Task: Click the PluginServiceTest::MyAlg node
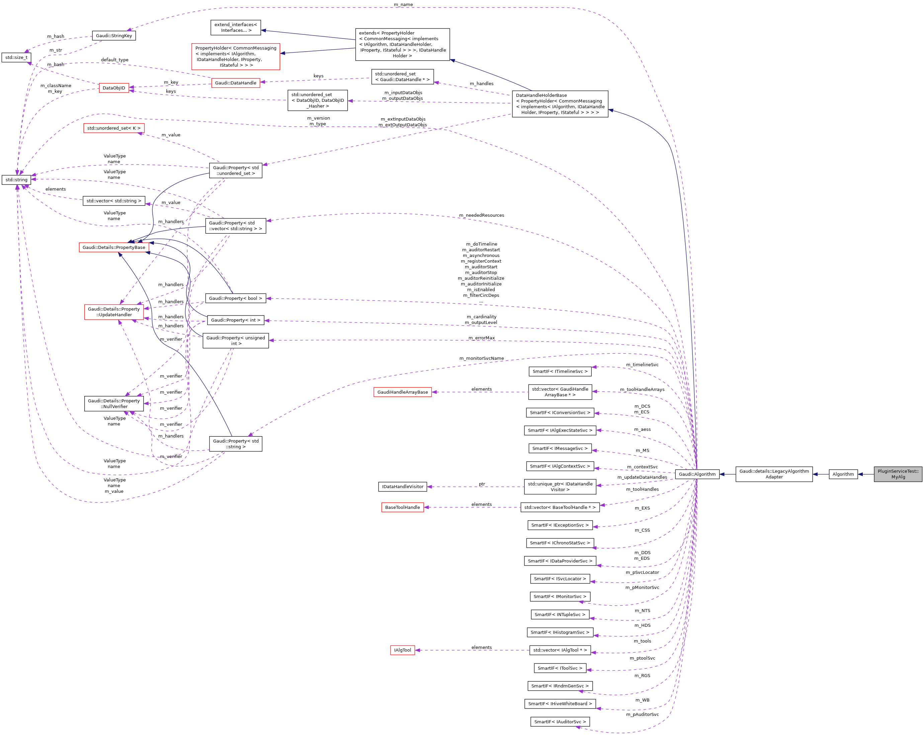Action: pos(898,474)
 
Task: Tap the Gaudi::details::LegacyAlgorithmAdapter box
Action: pos(774,474)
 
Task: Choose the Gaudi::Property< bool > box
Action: pos(235,298)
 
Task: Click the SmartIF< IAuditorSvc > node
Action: pos(560,721)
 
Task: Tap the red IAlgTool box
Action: pos(402,650)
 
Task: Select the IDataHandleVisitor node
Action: pos(402,486)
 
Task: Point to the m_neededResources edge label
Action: pos(481,215)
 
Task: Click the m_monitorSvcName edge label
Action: pos(481,358)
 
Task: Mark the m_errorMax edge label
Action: pos(481,338)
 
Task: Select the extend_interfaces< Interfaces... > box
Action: pos(235,27)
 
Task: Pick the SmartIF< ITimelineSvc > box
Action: pos(560,371)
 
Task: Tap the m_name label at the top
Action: pos(403,4)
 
